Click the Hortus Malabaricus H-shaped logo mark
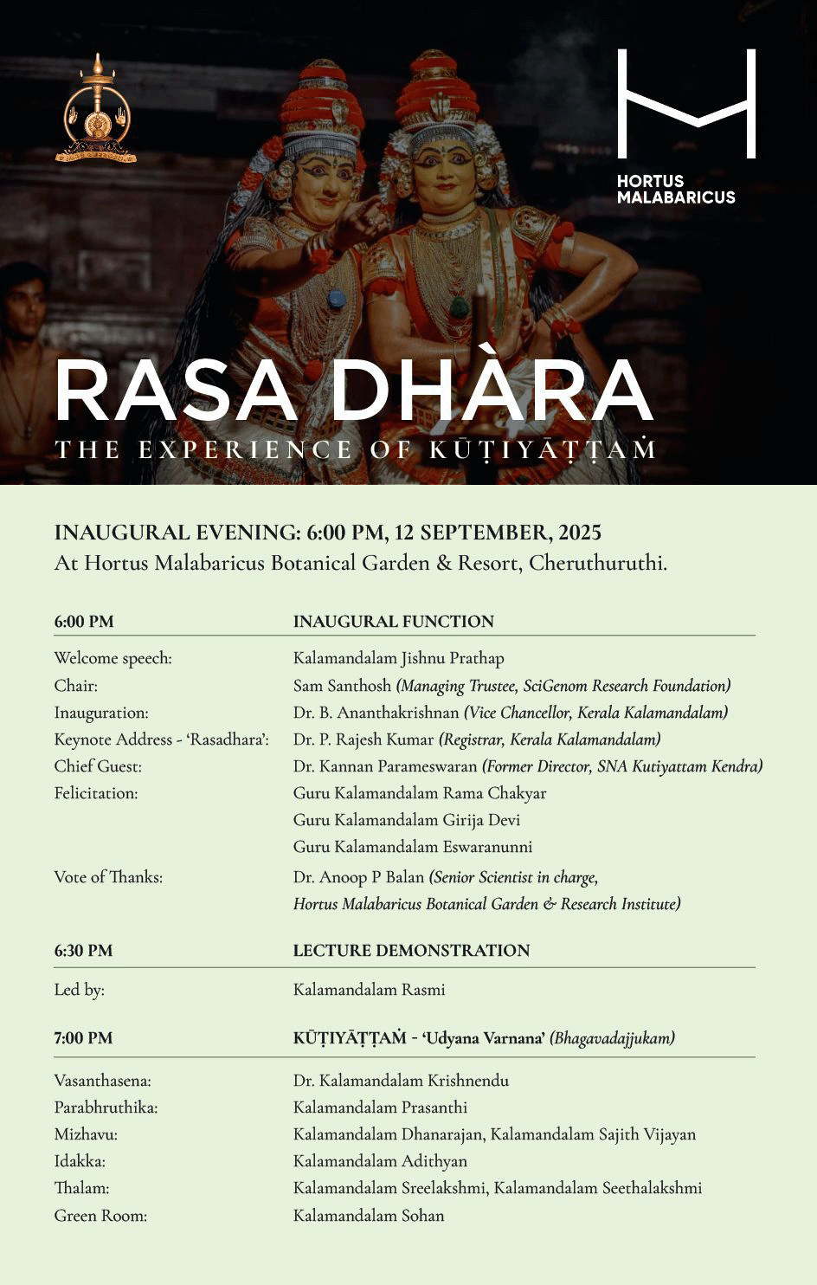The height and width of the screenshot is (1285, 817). coord(686,104)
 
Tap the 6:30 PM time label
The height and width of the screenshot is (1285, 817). coord(83,950)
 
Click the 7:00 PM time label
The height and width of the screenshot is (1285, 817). coord(83,1037)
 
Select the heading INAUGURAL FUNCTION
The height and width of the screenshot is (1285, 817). coord(393,621)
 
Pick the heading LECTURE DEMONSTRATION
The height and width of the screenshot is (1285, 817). coord(411,950)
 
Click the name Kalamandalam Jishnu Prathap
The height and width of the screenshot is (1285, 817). coord(398,658)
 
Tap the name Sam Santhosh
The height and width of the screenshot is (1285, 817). coord(342,686)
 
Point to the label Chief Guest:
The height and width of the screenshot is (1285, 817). coord(98,766)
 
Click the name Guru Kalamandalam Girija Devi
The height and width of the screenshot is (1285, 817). coord(406,819)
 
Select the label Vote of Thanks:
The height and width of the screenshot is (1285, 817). coord(108,877)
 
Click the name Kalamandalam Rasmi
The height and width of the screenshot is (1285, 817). coord(369,989)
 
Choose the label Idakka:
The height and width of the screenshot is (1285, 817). coord(80,1161)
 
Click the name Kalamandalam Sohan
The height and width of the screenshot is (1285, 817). coord(368,1215)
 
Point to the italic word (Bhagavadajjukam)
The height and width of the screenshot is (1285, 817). coord(612,1037)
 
